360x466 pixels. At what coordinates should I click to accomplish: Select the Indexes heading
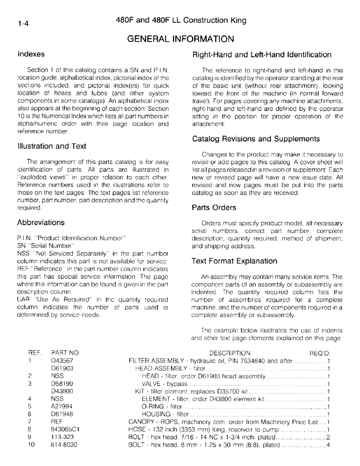[31, 54]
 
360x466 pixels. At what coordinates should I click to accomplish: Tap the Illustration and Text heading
[52, 146]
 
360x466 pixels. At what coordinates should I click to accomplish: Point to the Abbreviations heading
[41, 222]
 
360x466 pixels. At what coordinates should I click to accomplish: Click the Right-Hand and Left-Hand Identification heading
[262, 55]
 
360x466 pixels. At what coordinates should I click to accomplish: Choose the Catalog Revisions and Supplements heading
[256, 139]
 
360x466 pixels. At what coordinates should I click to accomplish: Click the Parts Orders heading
[214, 207]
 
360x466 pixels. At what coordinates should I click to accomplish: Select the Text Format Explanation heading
[235, 261]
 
